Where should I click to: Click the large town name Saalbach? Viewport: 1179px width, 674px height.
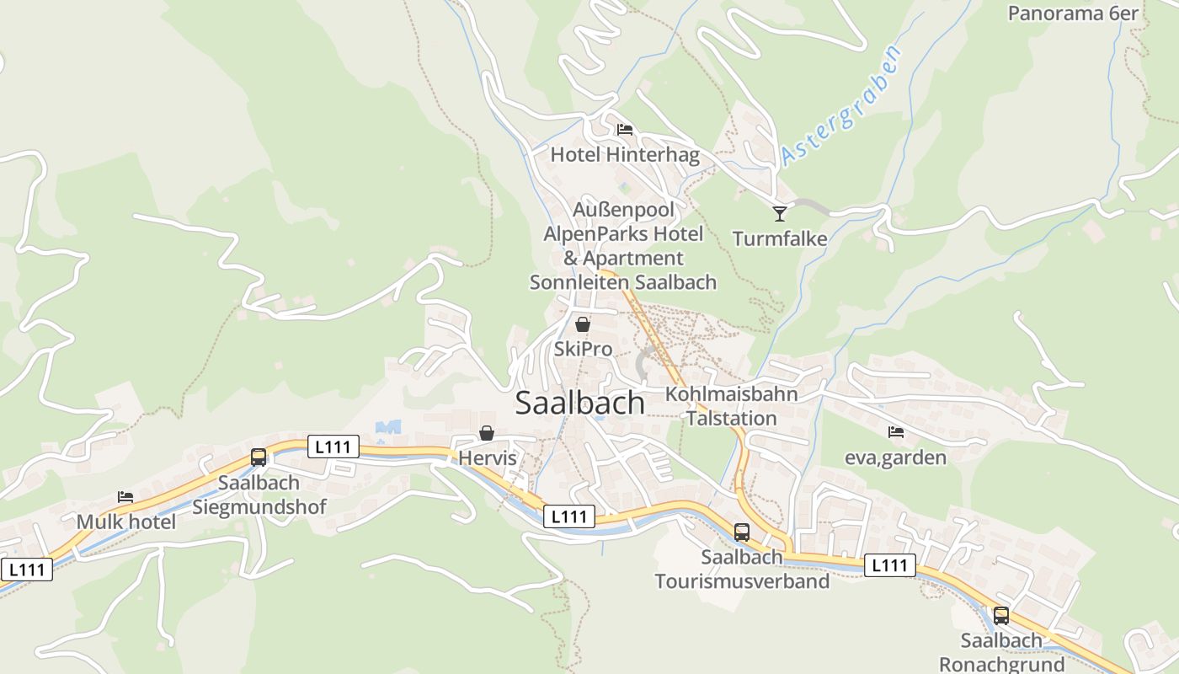point(579,403)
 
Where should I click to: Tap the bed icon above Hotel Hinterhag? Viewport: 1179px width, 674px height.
point(625,130)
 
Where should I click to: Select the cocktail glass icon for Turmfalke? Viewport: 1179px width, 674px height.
point(780,213)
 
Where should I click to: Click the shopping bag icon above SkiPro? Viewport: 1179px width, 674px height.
point(582,324)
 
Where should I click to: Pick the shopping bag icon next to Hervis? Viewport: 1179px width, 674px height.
point(487,433)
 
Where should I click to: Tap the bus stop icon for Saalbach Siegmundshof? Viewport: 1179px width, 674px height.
point(259,457)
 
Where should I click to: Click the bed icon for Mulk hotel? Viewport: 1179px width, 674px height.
point(125,497)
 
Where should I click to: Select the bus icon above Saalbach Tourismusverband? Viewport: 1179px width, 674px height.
point(742,532)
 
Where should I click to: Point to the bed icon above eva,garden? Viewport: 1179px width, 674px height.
point(896,432)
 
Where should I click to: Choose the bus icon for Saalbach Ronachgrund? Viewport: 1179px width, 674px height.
point(1000,615)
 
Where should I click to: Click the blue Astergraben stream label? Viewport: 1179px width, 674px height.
point(840,105)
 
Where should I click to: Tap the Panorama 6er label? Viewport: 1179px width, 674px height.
point(1073,13)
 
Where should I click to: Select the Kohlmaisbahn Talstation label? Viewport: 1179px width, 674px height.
point(732,406)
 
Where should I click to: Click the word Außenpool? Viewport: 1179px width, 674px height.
point(625,208)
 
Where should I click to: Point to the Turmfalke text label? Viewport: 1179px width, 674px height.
point(780,238)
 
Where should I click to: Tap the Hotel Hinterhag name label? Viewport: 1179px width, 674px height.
point(625,155)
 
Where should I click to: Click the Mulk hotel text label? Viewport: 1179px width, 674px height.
point(126,522)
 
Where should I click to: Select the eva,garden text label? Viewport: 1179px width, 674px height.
point(896,457)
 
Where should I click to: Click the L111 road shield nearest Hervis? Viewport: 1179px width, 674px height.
point(333,447)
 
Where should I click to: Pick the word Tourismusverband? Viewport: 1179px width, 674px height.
point(742,581)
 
